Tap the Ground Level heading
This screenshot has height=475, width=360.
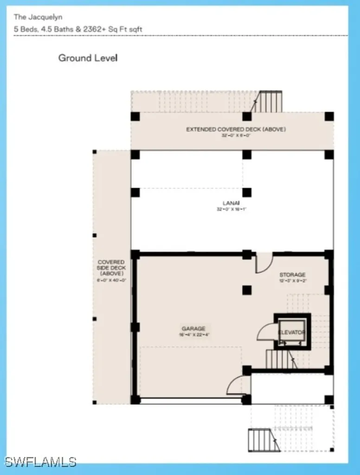click(88, 58)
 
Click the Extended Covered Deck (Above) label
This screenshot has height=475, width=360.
click(236, 129)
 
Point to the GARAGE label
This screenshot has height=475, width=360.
click(193, 329)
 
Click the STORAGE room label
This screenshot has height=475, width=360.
click(292, 275)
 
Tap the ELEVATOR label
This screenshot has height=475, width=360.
click(292, 333)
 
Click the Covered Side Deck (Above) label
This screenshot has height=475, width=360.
click(111, 268)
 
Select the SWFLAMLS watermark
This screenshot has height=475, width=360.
click(40, 462)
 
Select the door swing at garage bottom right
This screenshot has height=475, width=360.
click(238, 386)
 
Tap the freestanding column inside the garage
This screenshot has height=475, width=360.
click(247, 290)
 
